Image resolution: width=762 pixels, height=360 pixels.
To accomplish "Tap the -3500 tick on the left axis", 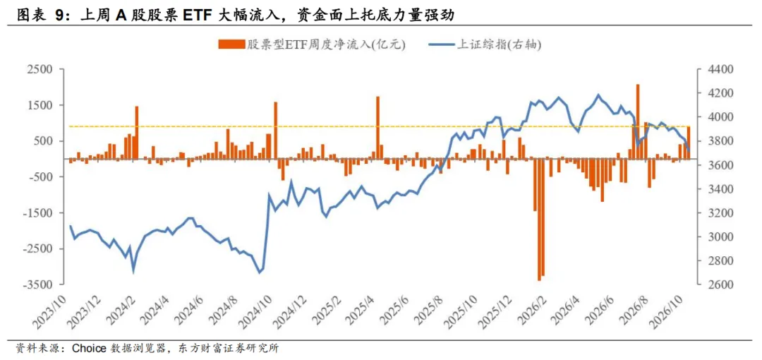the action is coord(38,284).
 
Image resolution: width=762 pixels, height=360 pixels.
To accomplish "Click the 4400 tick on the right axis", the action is coord(713,70).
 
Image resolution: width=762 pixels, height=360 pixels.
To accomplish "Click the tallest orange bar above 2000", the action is coord(638,121).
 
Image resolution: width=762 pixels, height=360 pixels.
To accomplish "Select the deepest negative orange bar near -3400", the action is coord(539,220).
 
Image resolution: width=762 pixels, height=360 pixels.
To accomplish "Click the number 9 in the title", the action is coord(59,16).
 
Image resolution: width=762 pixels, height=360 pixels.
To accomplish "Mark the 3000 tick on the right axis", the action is coord(713,237).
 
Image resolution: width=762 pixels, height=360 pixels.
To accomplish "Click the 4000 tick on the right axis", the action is coord(713,117).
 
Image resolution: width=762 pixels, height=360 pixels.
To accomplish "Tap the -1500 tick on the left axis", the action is coord(38,213).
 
